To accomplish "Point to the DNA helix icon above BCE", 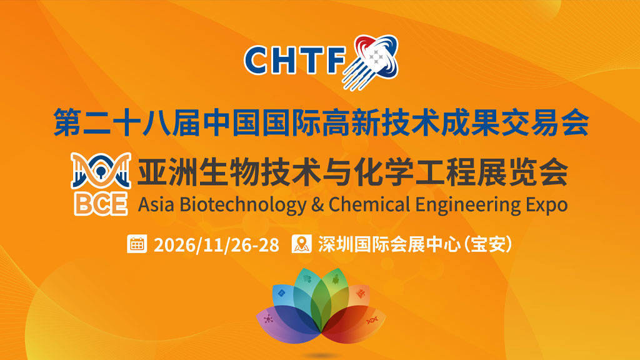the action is click(x=101, y=171).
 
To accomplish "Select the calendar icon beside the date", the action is click(x=137, y=244).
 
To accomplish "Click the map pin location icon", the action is click(x=302, y=244).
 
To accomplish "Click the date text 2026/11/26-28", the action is click(x=216, y=245).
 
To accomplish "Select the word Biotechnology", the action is click(x=243, y=205).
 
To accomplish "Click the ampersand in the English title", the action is click(x=317, y=204).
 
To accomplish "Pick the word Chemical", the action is click(x=369, y=204).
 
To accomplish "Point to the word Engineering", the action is click(x=468, y=205).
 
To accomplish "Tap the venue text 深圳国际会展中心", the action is click(x=389, y=244).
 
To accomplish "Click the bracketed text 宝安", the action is click(x=487, y=244).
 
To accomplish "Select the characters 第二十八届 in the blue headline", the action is click(x=126, y=122).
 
